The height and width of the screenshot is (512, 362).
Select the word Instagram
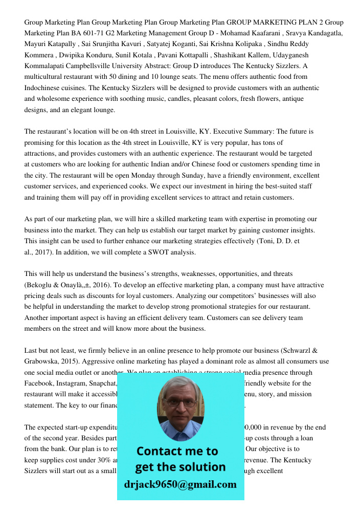[76, 383]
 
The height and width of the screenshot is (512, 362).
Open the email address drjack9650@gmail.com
[180, 484]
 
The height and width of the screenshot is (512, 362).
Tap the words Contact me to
[177, 451]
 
